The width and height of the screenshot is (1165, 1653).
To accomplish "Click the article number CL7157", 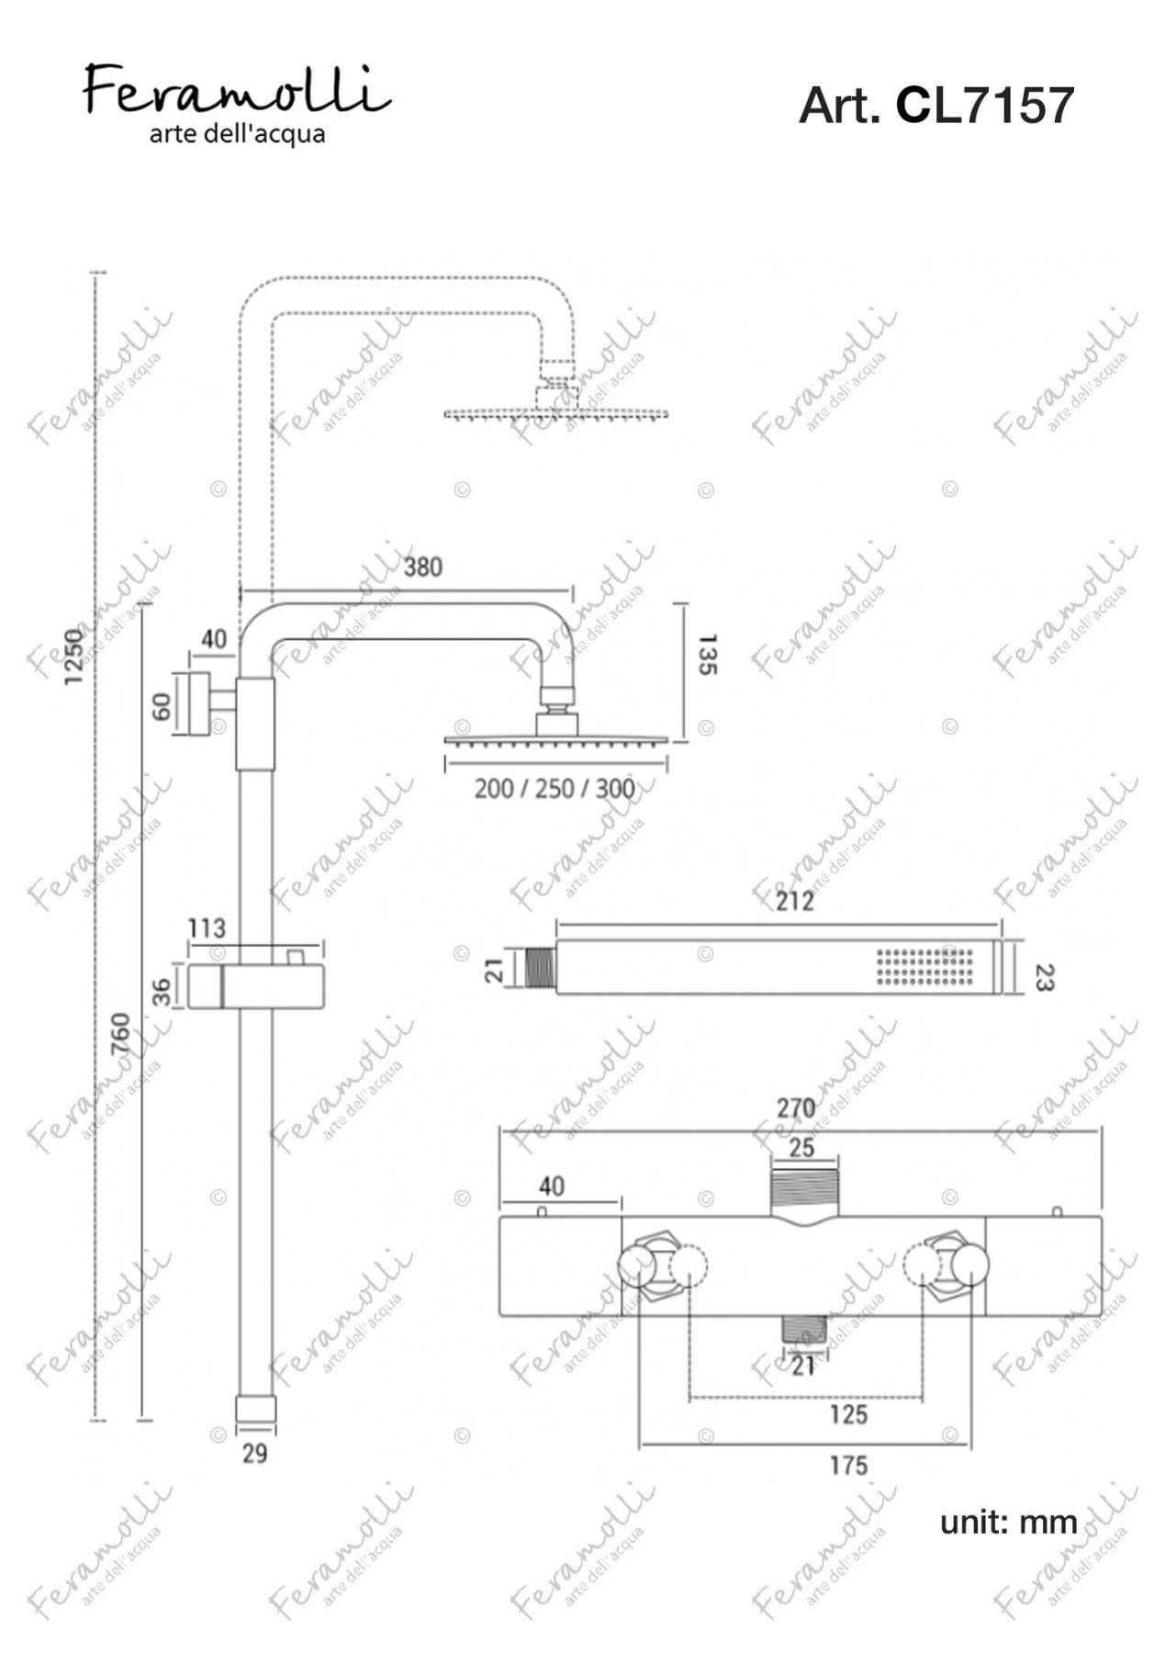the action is pyautogui.click(x=984, y=106).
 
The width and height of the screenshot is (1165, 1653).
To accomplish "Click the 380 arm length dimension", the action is pyautogui.click(x=422, y=567).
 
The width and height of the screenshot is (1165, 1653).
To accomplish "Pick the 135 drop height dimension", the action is pyautogui.click(x=706, y=653).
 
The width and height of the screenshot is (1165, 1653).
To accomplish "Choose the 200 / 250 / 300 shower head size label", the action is pyautogui.click(x=554, y=789).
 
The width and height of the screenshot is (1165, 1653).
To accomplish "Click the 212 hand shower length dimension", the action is pyautogui.click(x=793, y=901).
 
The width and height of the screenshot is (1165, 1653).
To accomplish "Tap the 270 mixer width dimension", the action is pyautogui.click(x=796, y=1108).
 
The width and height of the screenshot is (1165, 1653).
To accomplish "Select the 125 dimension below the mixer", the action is pyautogui.click(x=847, y=1414).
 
